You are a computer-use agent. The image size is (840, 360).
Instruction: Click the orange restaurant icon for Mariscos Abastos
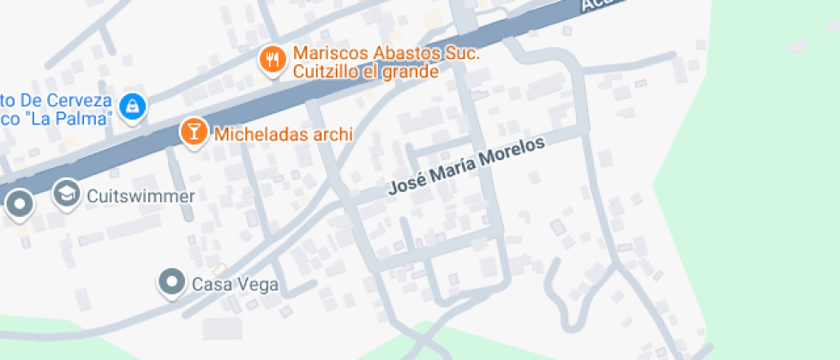[x=273, y=59]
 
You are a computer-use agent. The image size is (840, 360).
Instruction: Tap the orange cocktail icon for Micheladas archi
[x=194, y=131]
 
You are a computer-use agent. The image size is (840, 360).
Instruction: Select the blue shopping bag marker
[x=133, y=105]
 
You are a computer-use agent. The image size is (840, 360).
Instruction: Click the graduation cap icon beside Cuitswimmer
[x=66, y=194]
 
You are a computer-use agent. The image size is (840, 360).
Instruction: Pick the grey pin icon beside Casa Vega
[x=172, y=281]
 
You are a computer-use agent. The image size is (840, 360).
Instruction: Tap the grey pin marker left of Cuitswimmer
[x=19, y=205]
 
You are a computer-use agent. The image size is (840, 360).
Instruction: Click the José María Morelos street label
[x=467, y=167]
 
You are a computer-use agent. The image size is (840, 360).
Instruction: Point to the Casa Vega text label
[x=235, y=285]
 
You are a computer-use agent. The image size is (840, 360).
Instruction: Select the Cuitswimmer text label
[x=141, y=196]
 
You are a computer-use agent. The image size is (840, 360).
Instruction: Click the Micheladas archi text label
[x=284, y=135]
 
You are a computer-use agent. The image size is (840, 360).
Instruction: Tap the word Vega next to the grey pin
[x=259, y=285]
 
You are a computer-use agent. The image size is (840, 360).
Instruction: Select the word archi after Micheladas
[x=334, y=135]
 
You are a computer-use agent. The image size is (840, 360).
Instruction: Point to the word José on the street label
[x=405, y=186]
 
